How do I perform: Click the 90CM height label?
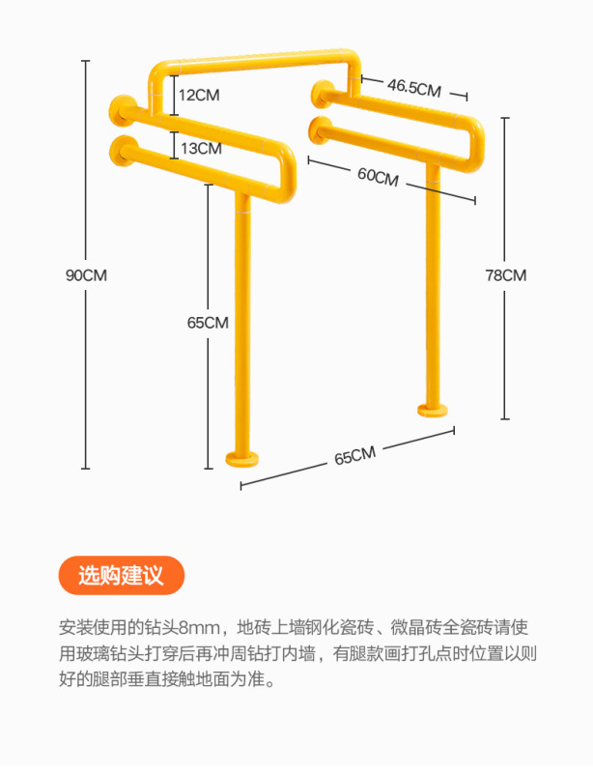[86, 274]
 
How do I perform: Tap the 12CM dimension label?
[198, 95]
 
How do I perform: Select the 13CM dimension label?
[200, 148]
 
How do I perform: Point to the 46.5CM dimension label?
[414, 87]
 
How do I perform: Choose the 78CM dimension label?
[505, 274]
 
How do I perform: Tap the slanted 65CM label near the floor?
[355, 455]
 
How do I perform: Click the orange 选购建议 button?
[121, 577]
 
